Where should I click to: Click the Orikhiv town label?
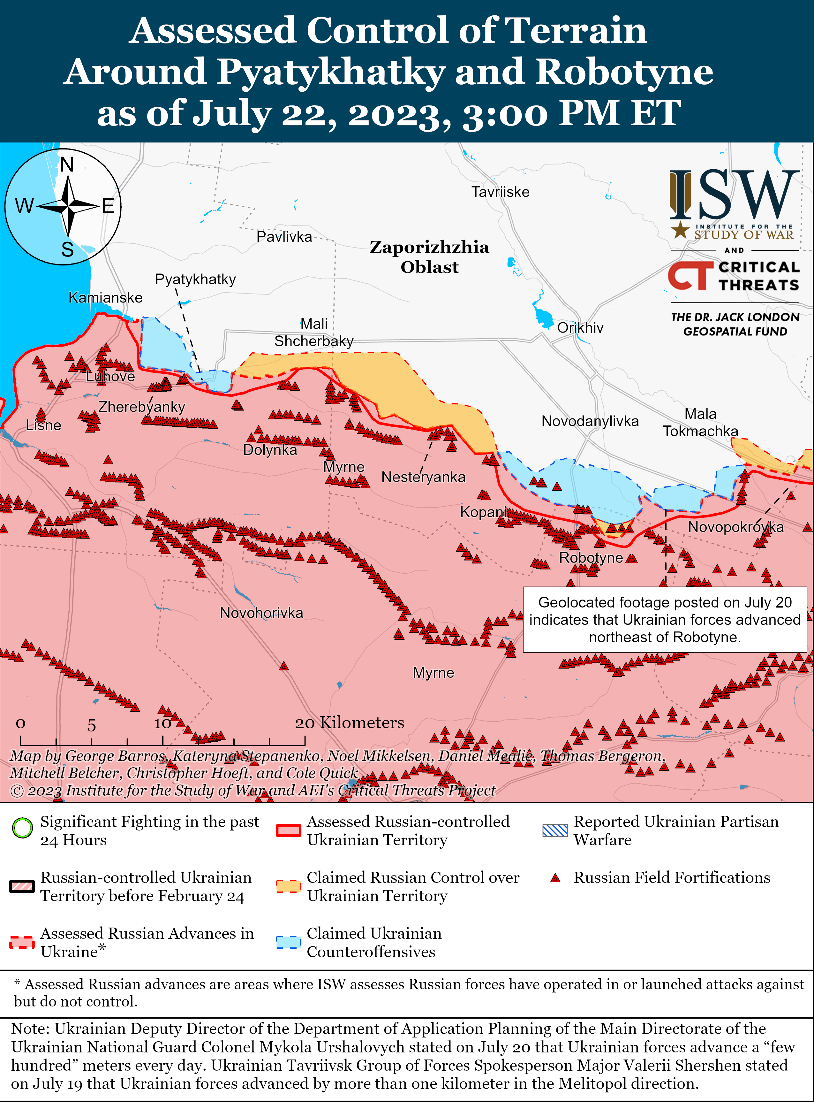(x=580, y=328)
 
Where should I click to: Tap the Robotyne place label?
(x=591, y=558)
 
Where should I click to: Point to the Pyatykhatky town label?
(x=195, y=279)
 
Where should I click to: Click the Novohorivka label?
(x=261, y=613)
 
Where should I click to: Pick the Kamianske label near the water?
(x=105, y=298)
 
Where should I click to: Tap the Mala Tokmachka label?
(x=700, y=423)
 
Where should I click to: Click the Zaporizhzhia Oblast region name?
(x=429, y=257)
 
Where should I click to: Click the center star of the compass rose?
(x=68, y=206)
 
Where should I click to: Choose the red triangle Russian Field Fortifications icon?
(x=555, y=878)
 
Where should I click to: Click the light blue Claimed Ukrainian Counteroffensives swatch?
(x=288, y=942)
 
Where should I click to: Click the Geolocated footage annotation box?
(x=665, y=619)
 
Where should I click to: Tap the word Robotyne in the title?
(x=624, y=72)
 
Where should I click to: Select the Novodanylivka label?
(x=590, y=421)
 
